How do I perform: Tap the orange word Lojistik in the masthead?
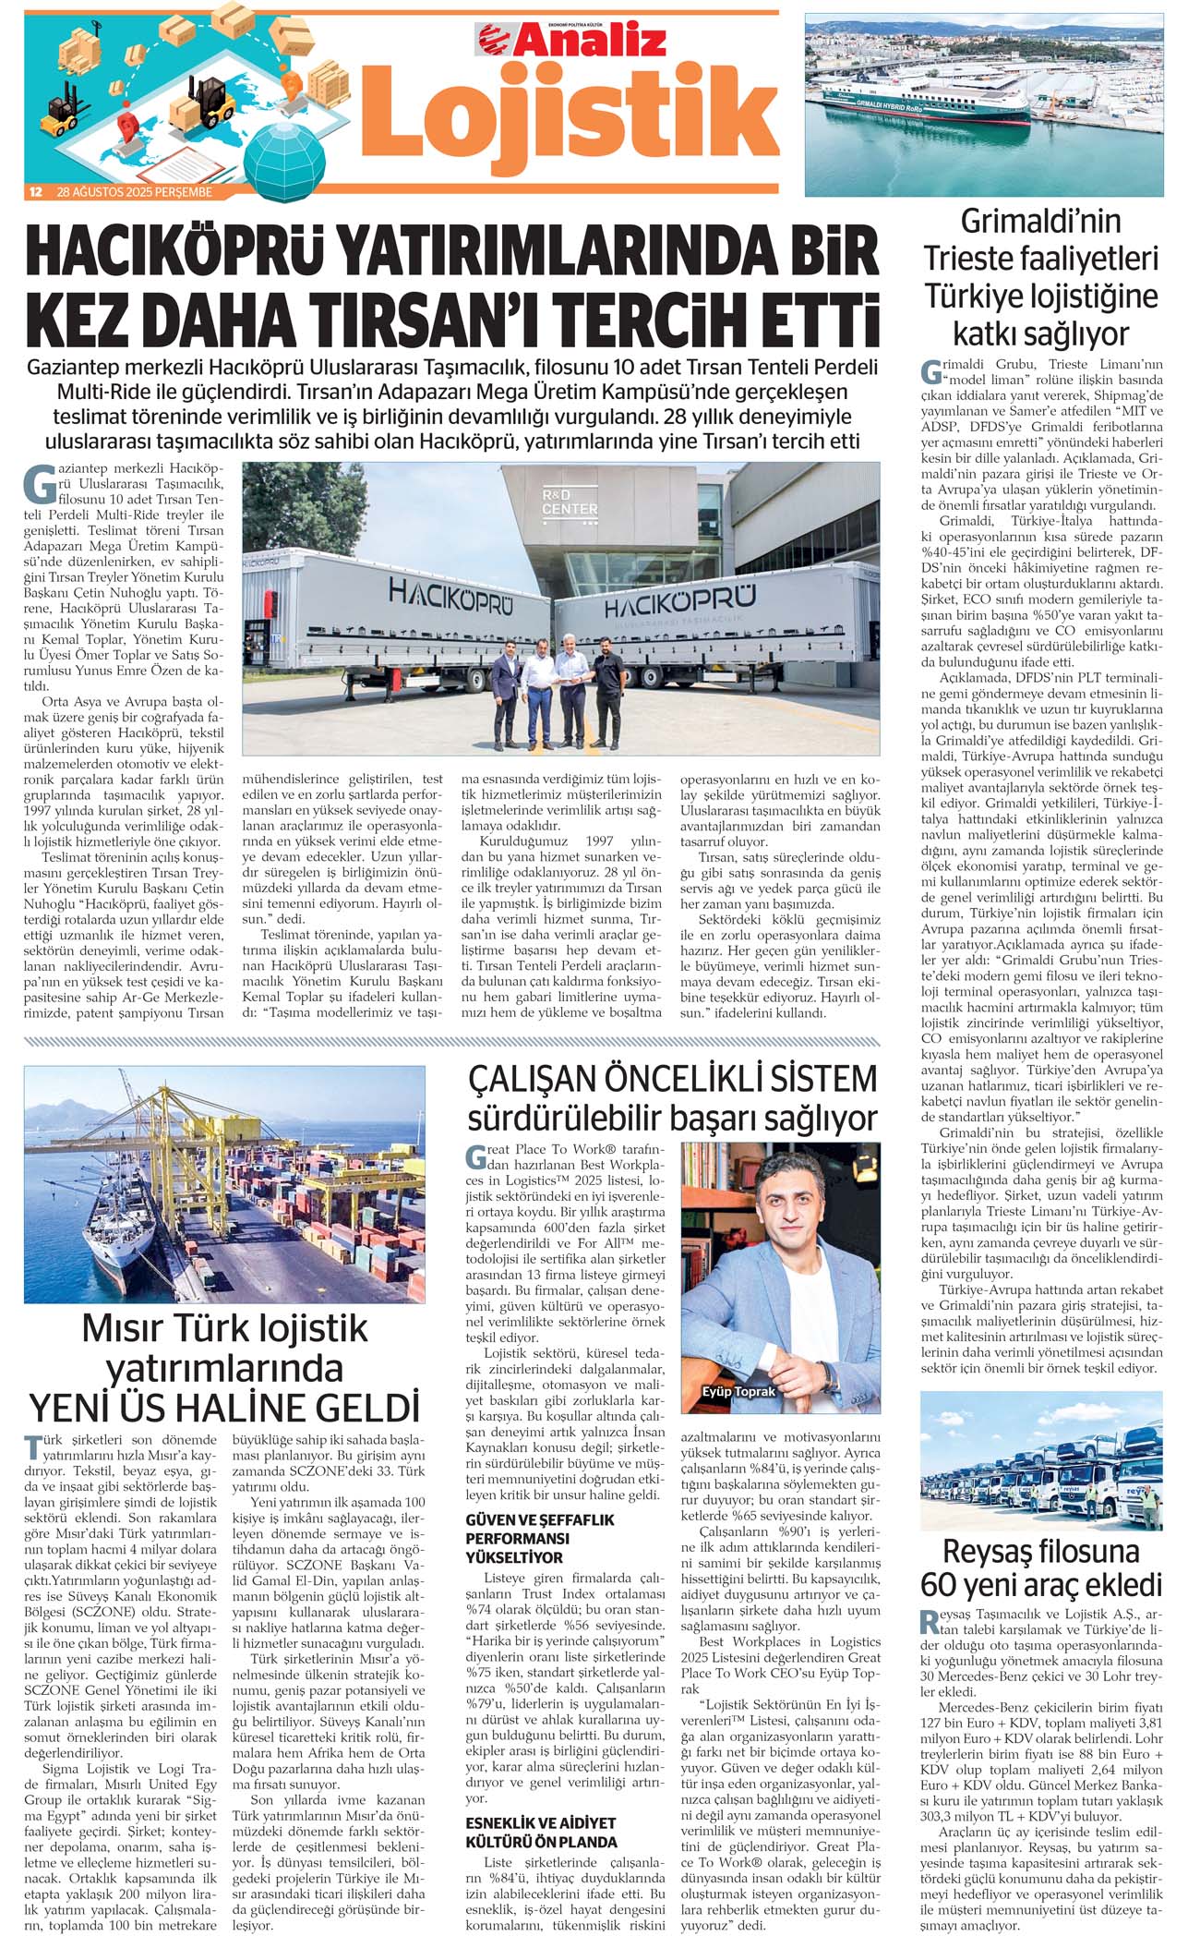(569, 115)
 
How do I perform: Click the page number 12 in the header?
(35, 192)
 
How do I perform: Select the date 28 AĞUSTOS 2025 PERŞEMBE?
(135, 192)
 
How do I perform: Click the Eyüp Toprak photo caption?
(738, 1391)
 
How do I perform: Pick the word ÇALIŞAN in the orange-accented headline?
(544, 1079)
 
